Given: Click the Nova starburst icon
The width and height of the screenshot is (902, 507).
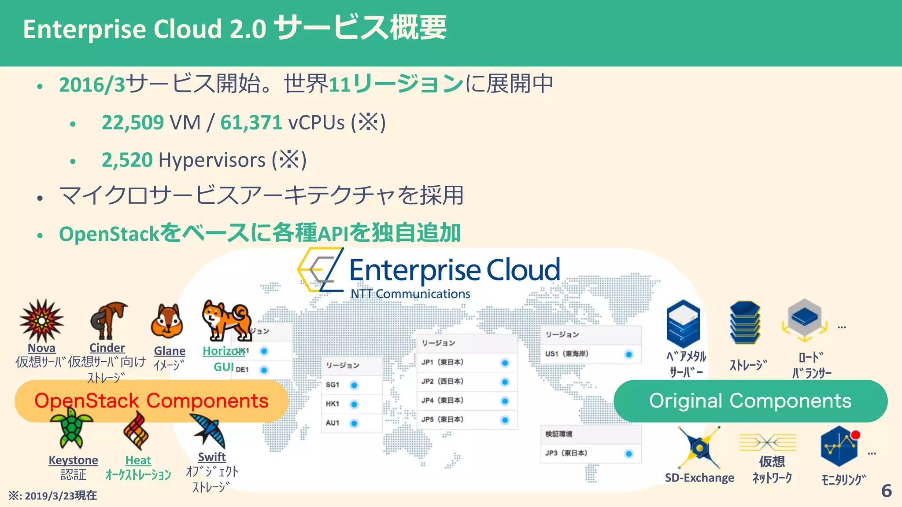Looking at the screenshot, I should [x=41, y=320].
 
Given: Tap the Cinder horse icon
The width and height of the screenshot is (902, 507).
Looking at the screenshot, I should [x=108, y=320].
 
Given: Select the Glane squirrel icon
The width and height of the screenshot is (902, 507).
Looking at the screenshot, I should [x=167, y=321].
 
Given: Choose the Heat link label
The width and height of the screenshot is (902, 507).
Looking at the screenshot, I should [x=138, y=460].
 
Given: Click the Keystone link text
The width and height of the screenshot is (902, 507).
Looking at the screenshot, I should [x=73, y=460].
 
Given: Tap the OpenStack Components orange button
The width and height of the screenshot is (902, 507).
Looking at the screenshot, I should [x=152, y=401].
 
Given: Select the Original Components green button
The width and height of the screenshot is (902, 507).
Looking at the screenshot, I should [x=750, y=401].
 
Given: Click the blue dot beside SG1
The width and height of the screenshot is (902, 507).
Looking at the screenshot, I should [x=354, y=386].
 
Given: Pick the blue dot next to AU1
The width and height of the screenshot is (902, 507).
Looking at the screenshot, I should [x=354, y=423].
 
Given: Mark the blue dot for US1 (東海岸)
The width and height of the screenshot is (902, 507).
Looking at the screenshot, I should [x=628, y=354].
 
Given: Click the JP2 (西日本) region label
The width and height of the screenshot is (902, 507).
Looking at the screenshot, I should [x=442, y=382].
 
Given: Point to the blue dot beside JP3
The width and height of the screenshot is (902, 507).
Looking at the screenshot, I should [x=628, y=454].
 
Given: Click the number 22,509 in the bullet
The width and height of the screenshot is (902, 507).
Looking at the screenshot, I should [x=133, y=122].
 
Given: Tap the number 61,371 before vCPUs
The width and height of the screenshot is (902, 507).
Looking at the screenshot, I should [x=251, y=122].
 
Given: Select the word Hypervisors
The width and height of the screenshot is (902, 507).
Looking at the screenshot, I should [x=212, y=160].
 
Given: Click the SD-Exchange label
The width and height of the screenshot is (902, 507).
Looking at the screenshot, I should [x=699, y=478].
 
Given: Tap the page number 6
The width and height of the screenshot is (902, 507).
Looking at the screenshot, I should [x=887, y=491].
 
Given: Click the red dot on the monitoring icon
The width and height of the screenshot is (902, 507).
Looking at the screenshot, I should [x=856, y=435].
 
